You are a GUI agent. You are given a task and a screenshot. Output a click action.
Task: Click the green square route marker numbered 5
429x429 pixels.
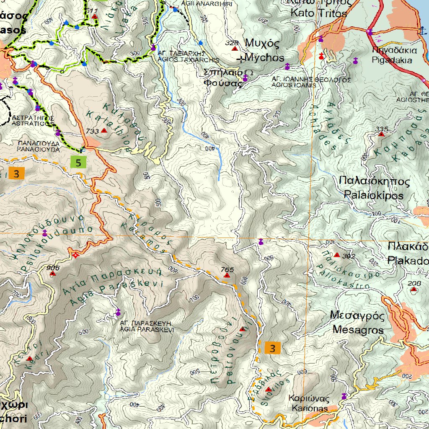(78, 162)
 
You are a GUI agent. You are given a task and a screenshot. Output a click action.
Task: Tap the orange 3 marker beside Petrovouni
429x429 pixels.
(273, 348)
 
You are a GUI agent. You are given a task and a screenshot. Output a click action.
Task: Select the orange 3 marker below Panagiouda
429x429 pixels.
(16, 173)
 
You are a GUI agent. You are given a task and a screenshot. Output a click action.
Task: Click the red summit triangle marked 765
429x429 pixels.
(227, 276)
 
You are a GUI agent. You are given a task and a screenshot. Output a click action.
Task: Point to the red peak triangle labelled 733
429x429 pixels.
(104, 131)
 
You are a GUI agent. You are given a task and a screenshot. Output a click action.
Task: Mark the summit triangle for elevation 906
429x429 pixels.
(52, 274)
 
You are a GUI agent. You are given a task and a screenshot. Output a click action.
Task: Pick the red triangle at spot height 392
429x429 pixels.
(337, 255)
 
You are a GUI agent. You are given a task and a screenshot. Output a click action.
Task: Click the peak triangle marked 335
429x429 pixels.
(381, 134)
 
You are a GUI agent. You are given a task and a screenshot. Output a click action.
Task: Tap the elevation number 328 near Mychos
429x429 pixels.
(231, 43)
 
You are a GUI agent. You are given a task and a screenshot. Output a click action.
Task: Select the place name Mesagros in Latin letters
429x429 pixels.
(358, 330)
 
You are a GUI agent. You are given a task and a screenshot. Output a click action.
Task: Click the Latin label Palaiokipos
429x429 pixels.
(373, 195)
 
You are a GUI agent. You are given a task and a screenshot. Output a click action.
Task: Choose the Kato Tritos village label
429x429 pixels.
(319, 13)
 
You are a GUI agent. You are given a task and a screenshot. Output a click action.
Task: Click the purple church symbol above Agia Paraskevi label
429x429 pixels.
(118, 312)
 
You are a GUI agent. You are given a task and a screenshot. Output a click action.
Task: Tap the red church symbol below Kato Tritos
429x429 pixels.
(321, 56)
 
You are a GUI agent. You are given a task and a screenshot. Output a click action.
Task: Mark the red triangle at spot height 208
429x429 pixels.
(414, 289)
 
